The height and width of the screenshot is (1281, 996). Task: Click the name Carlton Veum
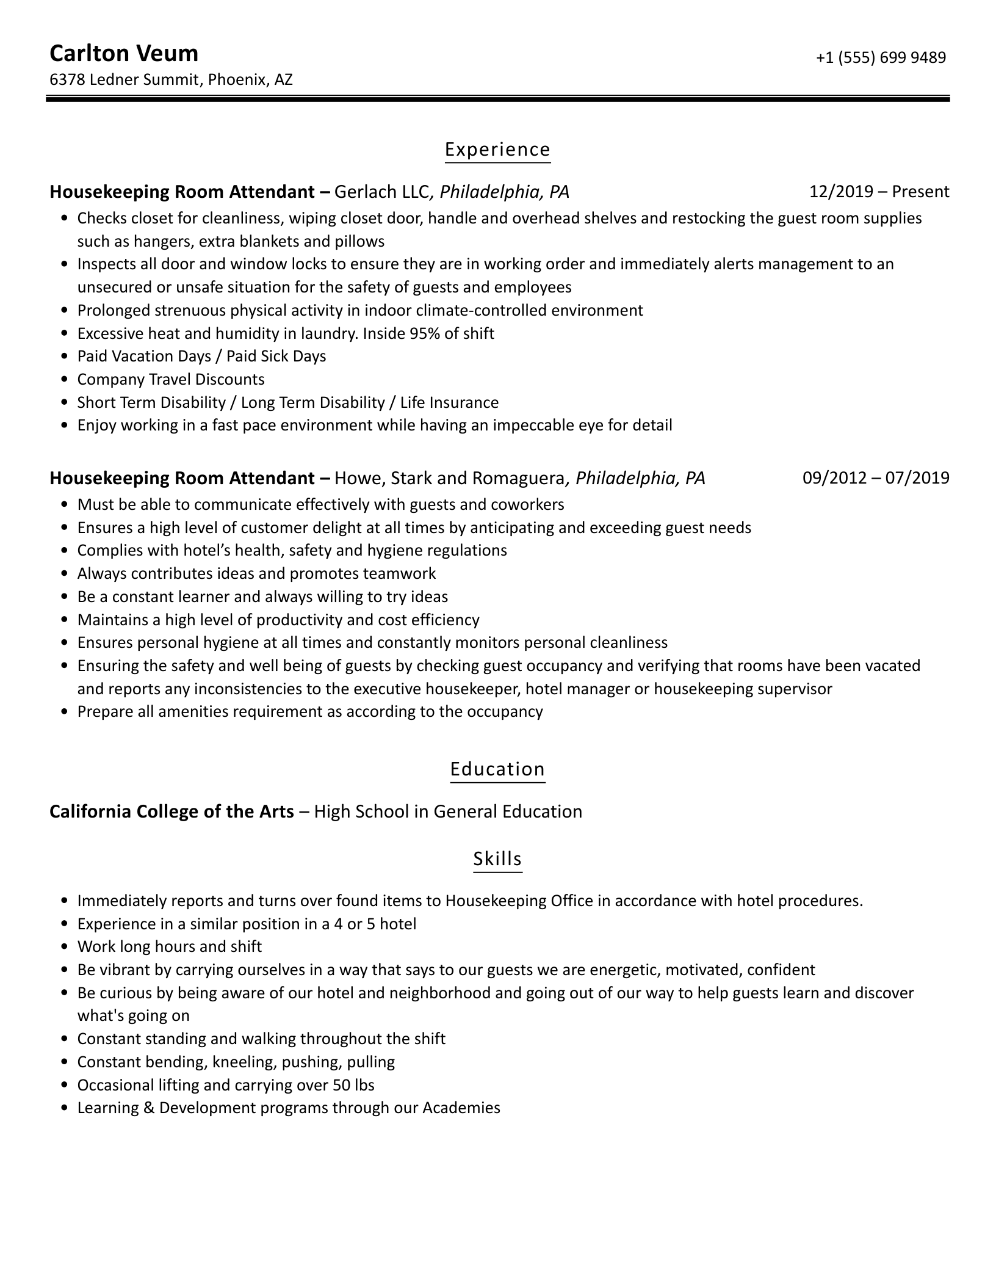point(124,54)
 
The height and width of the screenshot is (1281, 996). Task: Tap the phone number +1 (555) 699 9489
point(881,57)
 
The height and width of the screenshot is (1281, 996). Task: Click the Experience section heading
point(497,150)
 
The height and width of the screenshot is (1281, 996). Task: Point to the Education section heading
point(497,769)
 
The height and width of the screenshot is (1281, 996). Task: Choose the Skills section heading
point(497,858)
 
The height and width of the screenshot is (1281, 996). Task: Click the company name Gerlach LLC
point(382,192)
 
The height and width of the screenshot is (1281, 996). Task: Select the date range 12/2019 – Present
point(879,192)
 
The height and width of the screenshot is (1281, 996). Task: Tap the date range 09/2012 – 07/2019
point(876,477)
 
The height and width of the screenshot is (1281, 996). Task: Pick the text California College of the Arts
point(171,811)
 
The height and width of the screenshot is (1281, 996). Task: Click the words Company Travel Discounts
point(171,379)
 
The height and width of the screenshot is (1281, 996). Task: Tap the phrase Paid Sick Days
point(276,356)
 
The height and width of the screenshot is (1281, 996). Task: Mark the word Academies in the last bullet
point(461,1108)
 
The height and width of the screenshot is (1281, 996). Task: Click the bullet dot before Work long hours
point(65,947)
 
